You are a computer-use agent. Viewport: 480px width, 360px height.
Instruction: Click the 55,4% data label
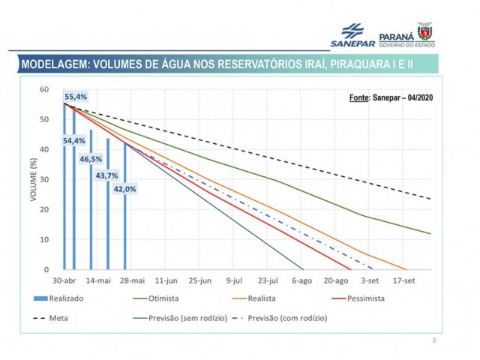click(x=76, y=97)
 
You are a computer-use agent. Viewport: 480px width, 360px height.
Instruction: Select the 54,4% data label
click(x=73, y=141)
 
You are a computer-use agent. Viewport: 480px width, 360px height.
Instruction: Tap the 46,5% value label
click(x=91, y=160)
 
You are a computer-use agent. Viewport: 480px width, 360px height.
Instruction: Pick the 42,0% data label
click(x=124, y=189)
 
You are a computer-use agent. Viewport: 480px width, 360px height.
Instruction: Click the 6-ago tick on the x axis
click(x=302, y=280)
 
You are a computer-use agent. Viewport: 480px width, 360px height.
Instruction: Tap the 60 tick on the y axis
click(x=44, y=89)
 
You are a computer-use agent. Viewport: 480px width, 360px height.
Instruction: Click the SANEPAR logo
click(x=357, y=34)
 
